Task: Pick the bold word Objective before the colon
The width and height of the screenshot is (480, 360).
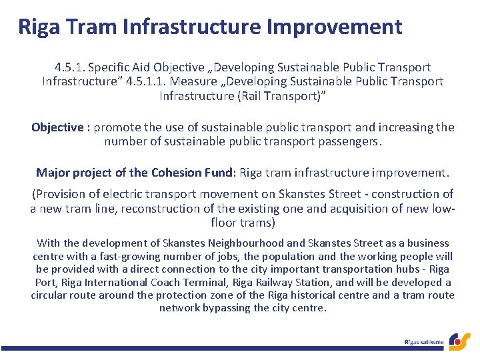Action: pyautogui.click(x=57, y=127)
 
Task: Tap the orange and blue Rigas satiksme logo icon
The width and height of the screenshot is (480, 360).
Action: pyautogui.click(x=459, y=341)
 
